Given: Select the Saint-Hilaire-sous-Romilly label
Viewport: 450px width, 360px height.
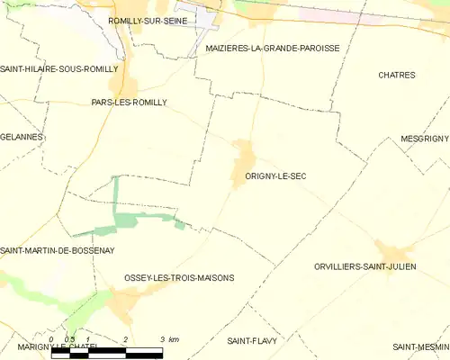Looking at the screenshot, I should pos(59,68).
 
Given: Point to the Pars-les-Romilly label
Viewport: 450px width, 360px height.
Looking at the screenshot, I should pos(130,103).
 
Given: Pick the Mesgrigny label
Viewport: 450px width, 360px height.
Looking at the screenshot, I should pos(424,139).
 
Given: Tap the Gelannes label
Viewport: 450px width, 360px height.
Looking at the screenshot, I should pos(22,137).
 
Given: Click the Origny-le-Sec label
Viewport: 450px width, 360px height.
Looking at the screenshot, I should pos(274,176).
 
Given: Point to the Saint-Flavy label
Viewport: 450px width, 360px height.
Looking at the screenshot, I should pos(251,341).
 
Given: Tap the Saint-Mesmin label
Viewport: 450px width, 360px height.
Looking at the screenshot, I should pos(420,346).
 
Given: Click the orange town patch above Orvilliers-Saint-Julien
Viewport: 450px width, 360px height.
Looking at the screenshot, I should pos(393,251).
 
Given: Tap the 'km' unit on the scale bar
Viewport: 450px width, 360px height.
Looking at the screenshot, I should pos(173,339).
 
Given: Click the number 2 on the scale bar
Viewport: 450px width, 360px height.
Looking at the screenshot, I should pos(126,339).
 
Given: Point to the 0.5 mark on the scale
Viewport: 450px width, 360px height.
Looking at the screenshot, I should pos(69,339).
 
